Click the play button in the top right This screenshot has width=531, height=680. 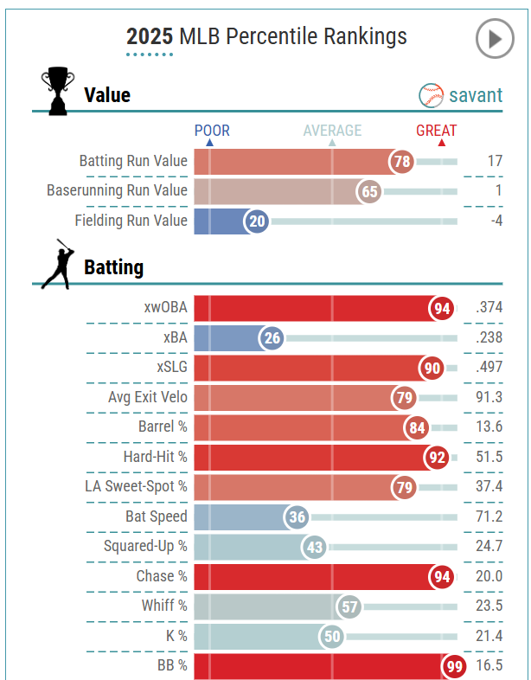(495, 39)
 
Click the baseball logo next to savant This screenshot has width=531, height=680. (431, 94)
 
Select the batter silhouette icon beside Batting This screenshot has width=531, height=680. (56, 264)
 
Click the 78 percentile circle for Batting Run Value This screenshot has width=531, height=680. (401, 162)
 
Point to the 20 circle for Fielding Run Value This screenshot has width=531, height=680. (257, 221)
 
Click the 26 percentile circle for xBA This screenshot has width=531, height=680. (272, 338)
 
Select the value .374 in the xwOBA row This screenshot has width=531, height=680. (489, 308)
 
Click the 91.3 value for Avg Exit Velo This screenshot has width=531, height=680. (489, 397)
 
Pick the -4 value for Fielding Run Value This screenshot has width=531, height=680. (494, 221)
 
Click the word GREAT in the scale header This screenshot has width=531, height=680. (437, 131)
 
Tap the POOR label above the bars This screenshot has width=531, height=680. (212, 131)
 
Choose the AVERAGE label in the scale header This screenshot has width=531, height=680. (332, 131)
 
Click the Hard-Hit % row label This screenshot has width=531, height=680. (155, 457)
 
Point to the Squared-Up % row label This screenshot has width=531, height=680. (145, 547)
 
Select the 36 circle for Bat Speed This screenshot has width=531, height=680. (297, 517)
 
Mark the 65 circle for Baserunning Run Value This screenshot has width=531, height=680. (370, 192)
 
